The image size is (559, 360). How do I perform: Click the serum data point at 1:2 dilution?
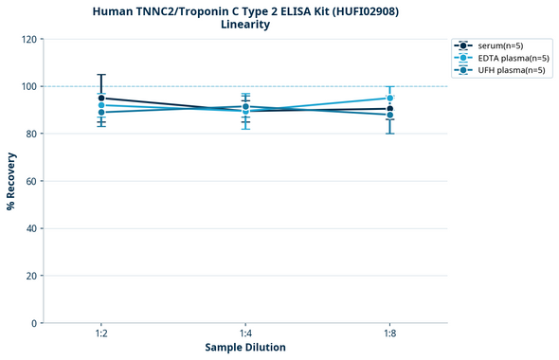tap(101, 98)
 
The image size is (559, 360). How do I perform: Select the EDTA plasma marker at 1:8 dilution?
tap(390, 98)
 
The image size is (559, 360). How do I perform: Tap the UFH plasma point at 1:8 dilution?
tap(390, 115)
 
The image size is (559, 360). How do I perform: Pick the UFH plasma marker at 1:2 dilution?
tap(101, 112)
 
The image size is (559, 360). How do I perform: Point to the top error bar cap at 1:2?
tap(101, 75)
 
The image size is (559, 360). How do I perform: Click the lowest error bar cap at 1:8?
tap(390, 134)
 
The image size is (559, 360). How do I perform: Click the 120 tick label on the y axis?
tap(28, 39)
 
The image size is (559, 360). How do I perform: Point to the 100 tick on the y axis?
tap(28, 86)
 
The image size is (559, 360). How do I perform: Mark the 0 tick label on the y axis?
tap(34, 323)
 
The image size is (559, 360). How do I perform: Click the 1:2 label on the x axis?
tap(101, 334)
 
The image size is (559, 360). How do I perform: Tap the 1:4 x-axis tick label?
tap(245, 334)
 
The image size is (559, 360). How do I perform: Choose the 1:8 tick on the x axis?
tap(390, 334)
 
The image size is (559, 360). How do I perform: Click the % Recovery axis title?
tap(11, 180)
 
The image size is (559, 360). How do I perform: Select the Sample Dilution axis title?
tap(245, 348)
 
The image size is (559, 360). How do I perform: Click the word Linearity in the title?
tap(244, 25)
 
